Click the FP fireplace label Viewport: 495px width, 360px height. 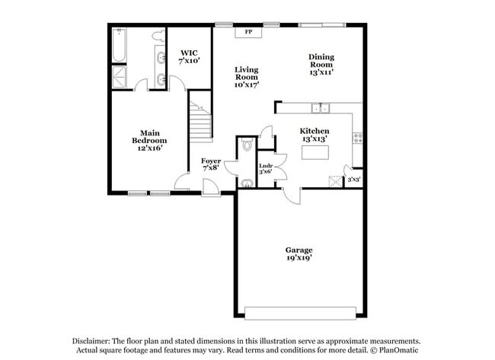click(x=248, y=32)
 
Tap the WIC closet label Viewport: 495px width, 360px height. click(x=190, y=56)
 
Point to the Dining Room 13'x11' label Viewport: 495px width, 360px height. click(x=321, y=64)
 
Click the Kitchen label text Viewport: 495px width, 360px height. click(x=314, y=135)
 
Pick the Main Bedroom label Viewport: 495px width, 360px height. click(x=149, y=140)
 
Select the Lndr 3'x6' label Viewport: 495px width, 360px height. click(x=266, y=169)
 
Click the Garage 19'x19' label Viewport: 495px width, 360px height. click(x=299, y=253)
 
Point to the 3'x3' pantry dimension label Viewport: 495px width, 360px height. click(x=354, y=180)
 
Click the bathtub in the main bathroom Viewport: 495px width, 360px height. click(x=120, y=46)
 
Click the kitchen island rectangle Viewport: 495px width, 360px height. click(x=315, y=152)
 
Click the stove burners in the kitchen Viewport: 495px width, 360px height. click(x=356, y=138)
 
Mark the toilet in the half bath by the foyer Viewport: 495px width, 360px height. click(x=247, y=147)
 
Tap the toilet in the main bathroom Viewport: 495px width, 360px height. click(x=157, y=36)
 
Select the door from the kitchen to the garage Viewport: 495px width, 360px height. click(x=289, y=196)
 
